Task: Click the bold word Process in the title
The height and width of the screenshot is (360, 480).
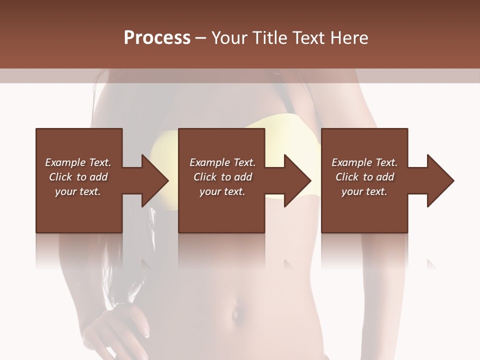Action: (157, 38)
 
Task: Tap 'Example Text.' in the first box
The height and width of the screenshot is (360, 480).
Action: (78, 162)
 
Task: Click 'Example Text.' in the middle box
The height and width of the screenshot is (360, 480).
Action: (222, 162)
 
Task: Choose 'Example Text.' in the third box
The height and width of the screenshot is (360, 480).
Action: (364, 162)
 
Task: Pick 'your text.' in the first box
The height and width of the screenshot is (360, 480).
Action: (78, 191)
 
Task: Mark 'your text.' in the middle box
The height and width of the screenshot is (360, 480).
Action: (222, 191)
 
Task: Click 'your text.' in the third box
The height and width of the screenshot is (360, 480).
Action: (364, 191)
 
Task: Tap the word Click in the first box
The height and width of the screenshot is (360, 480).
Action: (60, 177)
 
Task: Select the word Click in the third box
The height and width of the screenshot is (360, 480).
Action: (347, 177)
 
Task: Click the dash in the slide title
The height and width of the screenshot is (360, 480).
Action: (200, 38)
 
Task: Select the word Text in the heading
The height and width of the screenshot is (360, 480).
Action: (307, 38)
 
